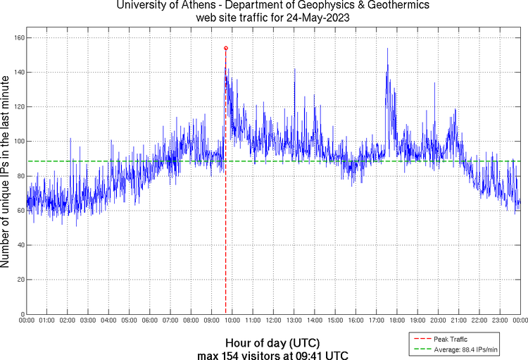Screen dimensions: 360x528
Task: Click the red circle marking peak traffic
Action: click(225, 48)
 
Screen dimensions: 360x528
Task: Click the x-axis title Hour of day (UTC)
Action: click(273, 342)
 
